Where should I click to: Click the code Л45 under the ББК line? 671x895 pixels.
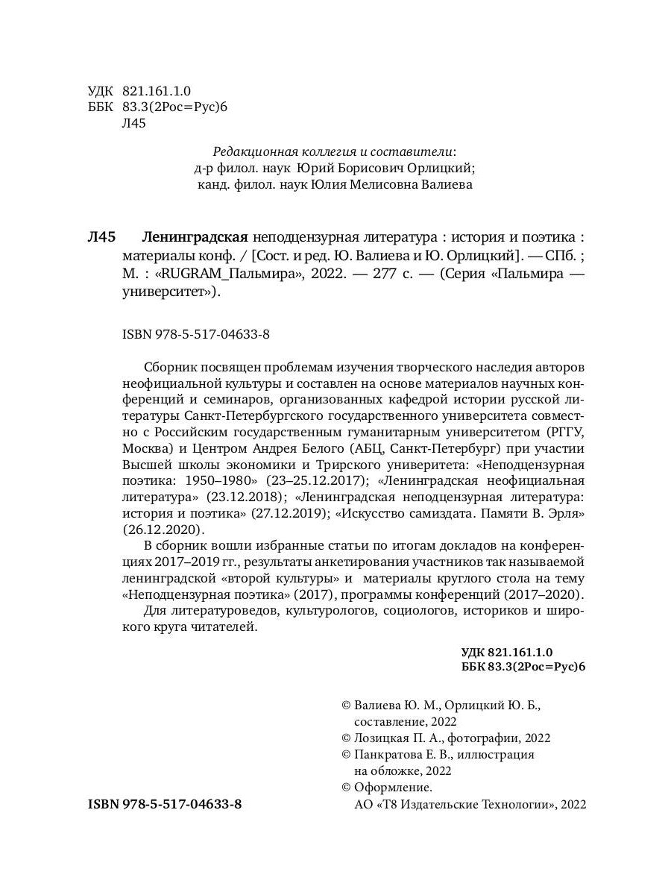[133, 124]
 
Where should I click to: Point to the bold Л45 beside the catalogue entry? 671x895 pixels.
[102, 238]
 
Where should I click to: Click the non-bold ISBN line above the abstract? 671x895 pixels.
[195, 335]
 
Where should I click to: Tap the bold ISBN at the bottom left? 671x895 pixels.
[165, 805]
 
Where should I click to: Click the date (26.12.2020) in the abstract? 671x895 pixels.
[162, 529]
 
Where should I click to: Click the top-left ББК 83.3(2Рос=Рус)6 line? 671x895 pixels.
[157, 107]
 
